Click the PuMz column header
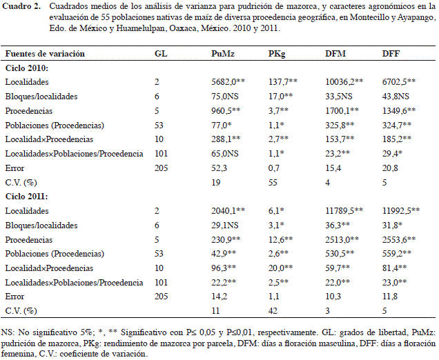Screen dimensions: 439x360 pyautogui.click(x=223, y=53)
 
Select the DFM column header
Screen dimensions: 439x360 pyautogui.click(x=335, y=53)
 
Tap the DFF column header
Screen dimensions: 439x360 pyautogui.click(x=391, y=53)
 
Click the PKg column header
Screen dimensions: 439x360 pyautogui.click(x=277, y=54)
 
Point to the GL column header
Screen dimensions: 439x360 pyautogui.click(x=161, y=53)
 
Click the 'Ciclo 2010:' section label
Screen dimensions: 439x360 pyautogui.click(x=27, y=68)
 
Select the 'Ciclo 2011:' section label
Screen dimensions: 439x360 pyautogui.click(x=27, y=197)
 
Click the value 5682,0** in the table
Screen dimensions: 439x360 pyautogui.click(x=228, y=81)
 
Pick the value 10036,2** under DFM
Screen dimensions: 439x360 pyautogui.click(x=344, y=81)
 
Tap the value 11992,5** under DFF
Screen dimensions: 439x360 pyautogui.click(x=401, y=210)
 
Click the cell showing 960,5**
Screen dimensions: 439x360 pyautogui.click(x=226, y=111)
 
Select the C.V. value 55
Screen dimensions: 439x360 pyautogui.click(x=273, y=183)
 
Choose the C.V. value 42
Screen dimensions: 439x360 pyautogui.click(x=273, y=311)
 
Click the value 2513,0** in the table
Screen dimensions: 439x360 pyautogui.click(x=342, y=240)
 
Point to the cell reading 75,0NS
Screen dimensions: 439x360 pyautogui.click(x=225, y=97)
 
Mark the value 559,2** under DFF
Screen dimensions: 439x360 pyautogui.click(x=397, y=254)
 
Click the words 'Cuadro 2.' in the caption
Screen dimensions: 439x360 pyautogui.click(x=21, y=6)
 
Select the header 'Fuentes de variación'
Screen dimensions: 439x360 pyautogui.click(x=45, y=53)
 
